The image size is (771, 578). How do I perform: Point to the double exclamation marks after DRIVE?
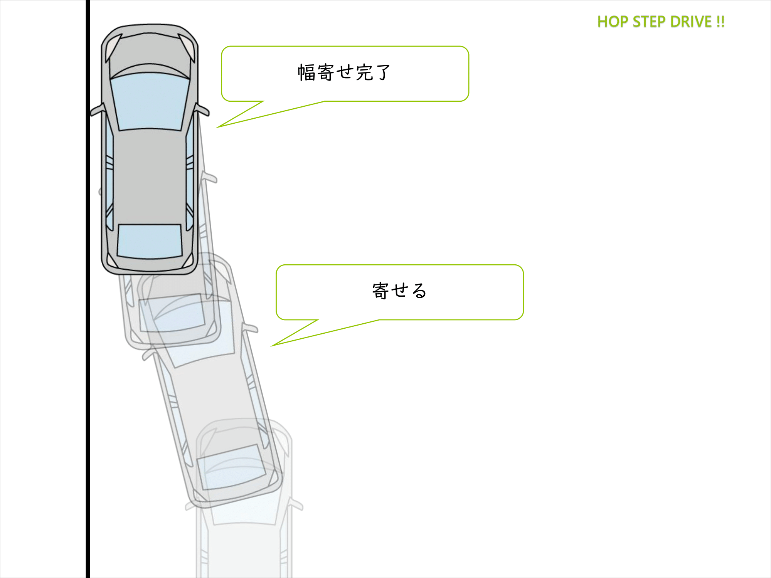[720, 22]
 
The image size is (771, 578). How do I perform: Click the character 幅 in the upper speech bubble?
[307, 72]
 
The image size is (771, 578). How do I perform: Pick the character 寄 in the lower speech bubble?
[380, 291]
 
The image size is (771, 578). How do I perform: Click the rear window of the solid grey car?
[150, 241]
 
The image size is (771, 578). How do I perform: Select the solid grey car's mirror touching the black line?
[97, 110]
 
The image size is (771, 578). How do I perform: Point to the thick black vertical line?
[88, 347]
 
